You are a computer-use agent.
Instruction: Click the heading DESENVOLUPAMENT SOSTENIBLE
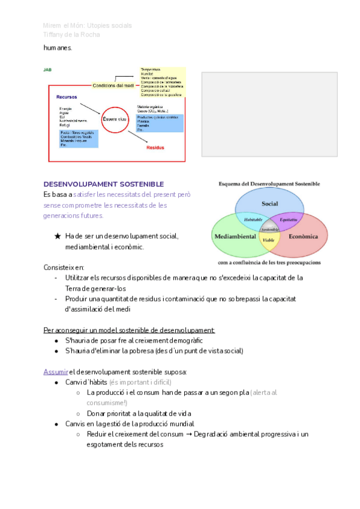pos(104,184)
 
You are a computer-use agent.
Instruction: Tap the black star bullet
pos(58,236)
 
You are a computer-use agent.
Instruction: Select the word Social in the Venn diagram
pos(269,203)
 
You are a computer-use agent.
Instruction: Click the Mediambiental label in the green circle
pos(236,236)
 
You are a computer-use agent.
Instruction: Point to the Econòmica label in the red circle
pos(304,236)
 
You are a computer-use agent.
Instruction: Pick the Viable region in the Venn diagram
pos(269,239)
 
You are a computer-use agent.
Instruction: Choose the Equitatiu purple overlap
pos(287,220)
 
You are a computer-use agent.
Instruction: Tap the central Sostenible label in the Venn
pos(269,229)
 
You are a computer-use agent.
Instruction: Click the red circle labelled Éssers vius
pos(115,119)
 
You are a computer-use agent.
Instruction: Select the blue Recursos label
pos(67,97)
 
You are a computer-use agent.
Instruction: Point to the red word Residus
pos(155,147)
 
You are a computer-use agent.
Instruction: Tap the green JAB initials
pos(47,70)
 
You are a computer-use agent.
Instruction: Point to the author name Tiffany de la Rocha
pos(71,34)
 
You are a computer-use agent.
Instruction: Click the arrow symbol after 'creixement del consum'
pos(188,434)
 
